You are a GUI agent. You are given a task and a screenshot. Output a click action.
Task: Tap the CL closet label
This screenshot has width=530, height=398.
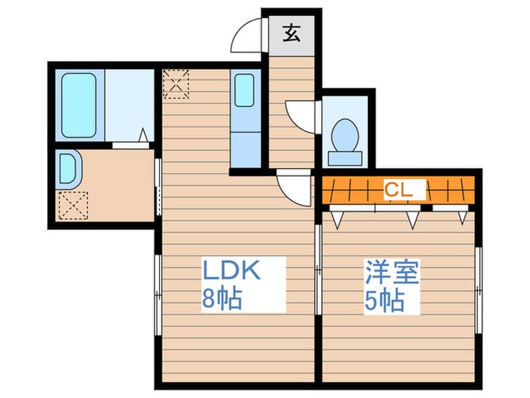tap(398, 190)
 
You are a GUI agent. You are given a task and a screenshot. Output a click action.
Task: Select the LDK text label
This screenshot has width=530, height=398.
tap(231, 271)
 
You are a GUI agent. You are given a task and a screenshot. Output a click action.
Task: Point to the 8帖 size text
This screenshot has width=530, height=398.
tap(221, 299)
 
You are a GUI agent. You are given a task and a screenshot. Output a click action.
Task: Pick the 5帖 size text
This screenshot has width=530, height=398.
tap(383, 300)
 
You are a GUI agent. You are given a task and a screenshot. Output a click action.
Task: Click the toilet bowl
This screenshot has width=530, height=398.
tap(345, 136)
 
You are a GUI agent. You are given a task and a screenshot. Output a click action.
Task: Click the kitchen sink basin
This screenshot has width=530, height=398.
tap(244, 90)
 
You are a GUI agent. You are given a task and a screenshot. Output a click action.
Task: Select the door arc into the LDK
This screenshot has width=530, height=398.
tap(294, 188)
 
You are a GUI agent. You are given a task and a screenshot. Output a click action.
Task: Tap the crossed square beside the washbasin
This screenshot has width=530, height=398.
tap(73, 204)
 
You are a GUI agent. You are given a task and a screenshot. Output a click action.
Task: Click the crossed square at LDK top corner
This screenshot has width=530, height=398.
tap(176, 83)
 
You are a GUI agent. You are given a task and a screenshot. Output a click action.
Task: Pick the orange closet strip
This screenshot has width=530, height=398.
tap(398, 190)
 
